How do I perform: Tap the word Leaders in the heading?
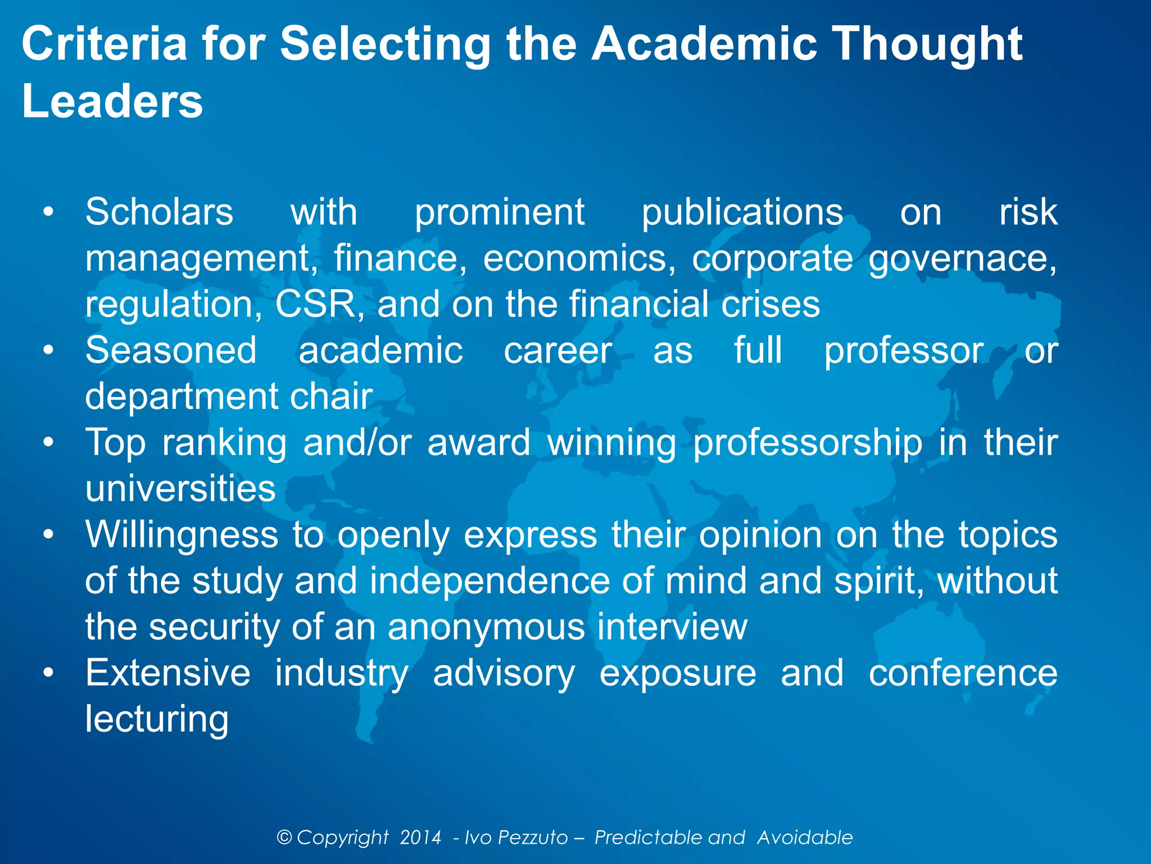pos(112,101)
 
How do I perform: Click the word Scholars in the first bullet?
pos(159,213)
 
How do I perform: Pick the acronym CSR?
pos(315,304)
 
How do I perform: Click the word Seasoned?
pos(171,350)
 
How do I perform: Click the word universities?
pos(180,488)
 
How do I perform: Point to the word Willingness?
pos(182,534)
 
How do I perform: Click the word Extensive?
pos(167,673)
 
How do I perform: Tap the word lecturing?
pos(157,719)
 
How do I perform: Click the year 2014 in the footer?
pos(420,838)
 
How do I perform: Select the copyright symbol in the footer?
pos(284,838)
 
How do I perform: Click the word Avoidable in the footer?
pos(805,838)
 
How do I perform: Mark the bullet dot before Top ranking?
pos(49,442)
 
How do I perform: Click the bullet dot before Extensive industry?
pos(49,673)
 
